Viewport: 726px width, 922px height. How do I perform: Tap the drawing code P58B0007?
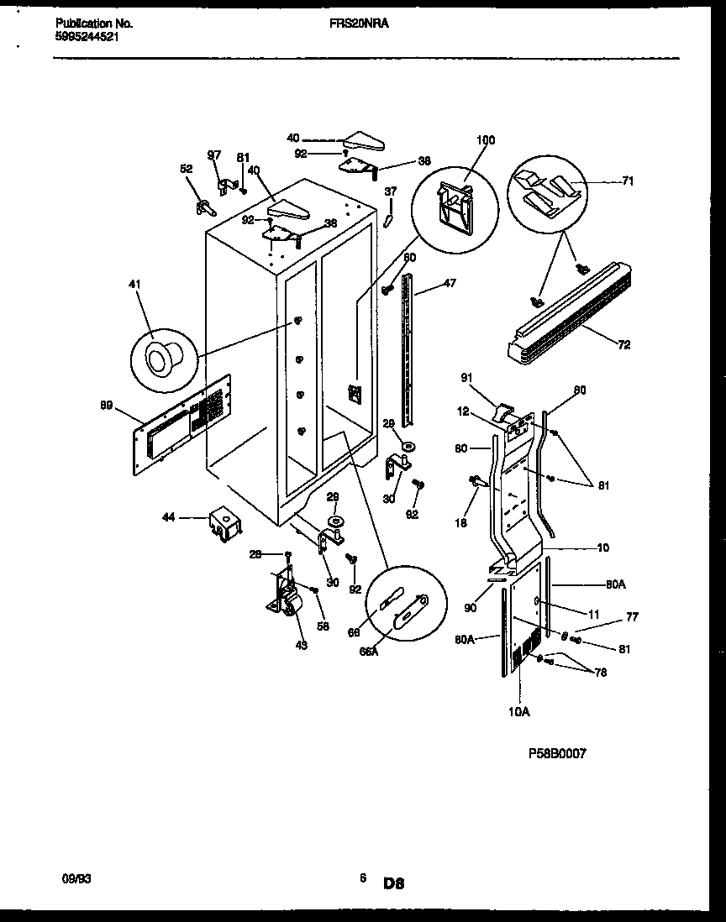coord(551,754)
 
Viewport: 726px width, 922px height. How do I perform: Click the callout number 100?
coord(486,139)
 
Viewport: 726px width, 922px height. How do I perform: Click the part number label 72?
coord(624,345)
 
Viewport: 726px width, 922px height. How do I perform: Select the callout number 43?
coord(302,645)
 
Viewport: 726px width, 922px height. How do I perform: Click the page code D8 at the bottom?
coord(394,883)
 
